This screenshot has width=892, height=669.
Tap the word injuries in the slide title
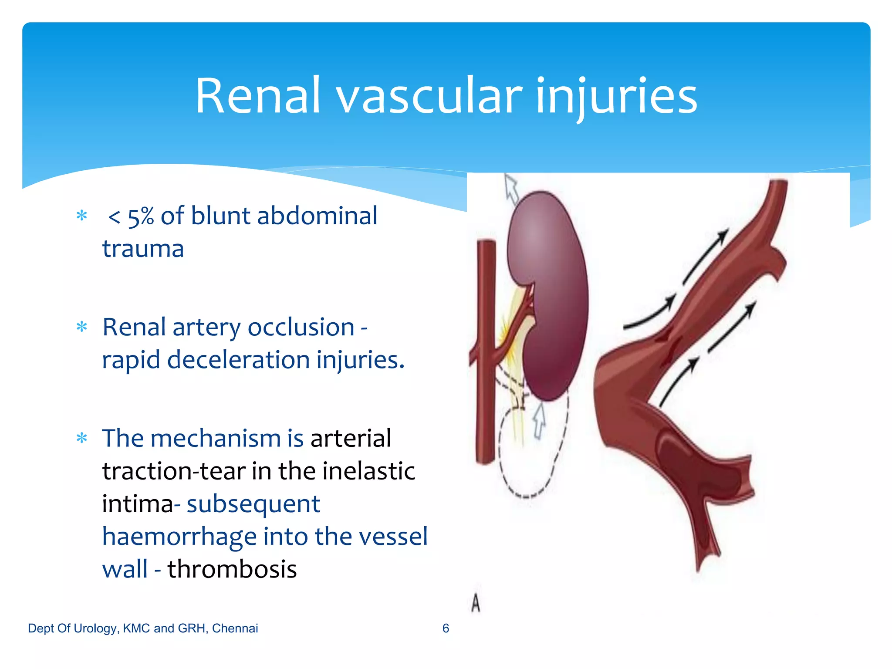pos(616,97)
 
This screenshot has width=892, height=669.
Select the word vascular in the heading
pos(429,97)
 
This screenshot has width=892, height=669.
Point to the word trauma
pos(143,249)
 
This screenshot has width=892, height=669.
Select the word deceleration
pos(238,360)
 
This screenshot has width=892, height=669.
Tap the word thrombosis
pos(232,570)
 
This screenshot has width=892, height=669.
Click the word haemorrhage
pos(179,537)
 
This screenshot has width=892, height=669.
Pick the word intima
pos(137,504)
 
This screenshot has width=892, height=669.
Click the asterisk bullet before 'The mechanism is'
pos(82,438)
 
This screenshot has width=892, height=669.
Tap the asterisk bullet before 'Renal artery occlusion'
pos(82,327)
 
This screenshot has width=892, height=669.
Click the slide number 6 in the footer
pos(446,628)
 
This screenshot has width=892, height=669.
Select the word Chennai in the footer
pos(235,628)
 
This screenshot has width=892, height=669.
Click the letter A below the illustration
pos(476,604)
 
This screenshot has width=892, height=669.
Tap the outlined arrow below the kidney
pos(539,421)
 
